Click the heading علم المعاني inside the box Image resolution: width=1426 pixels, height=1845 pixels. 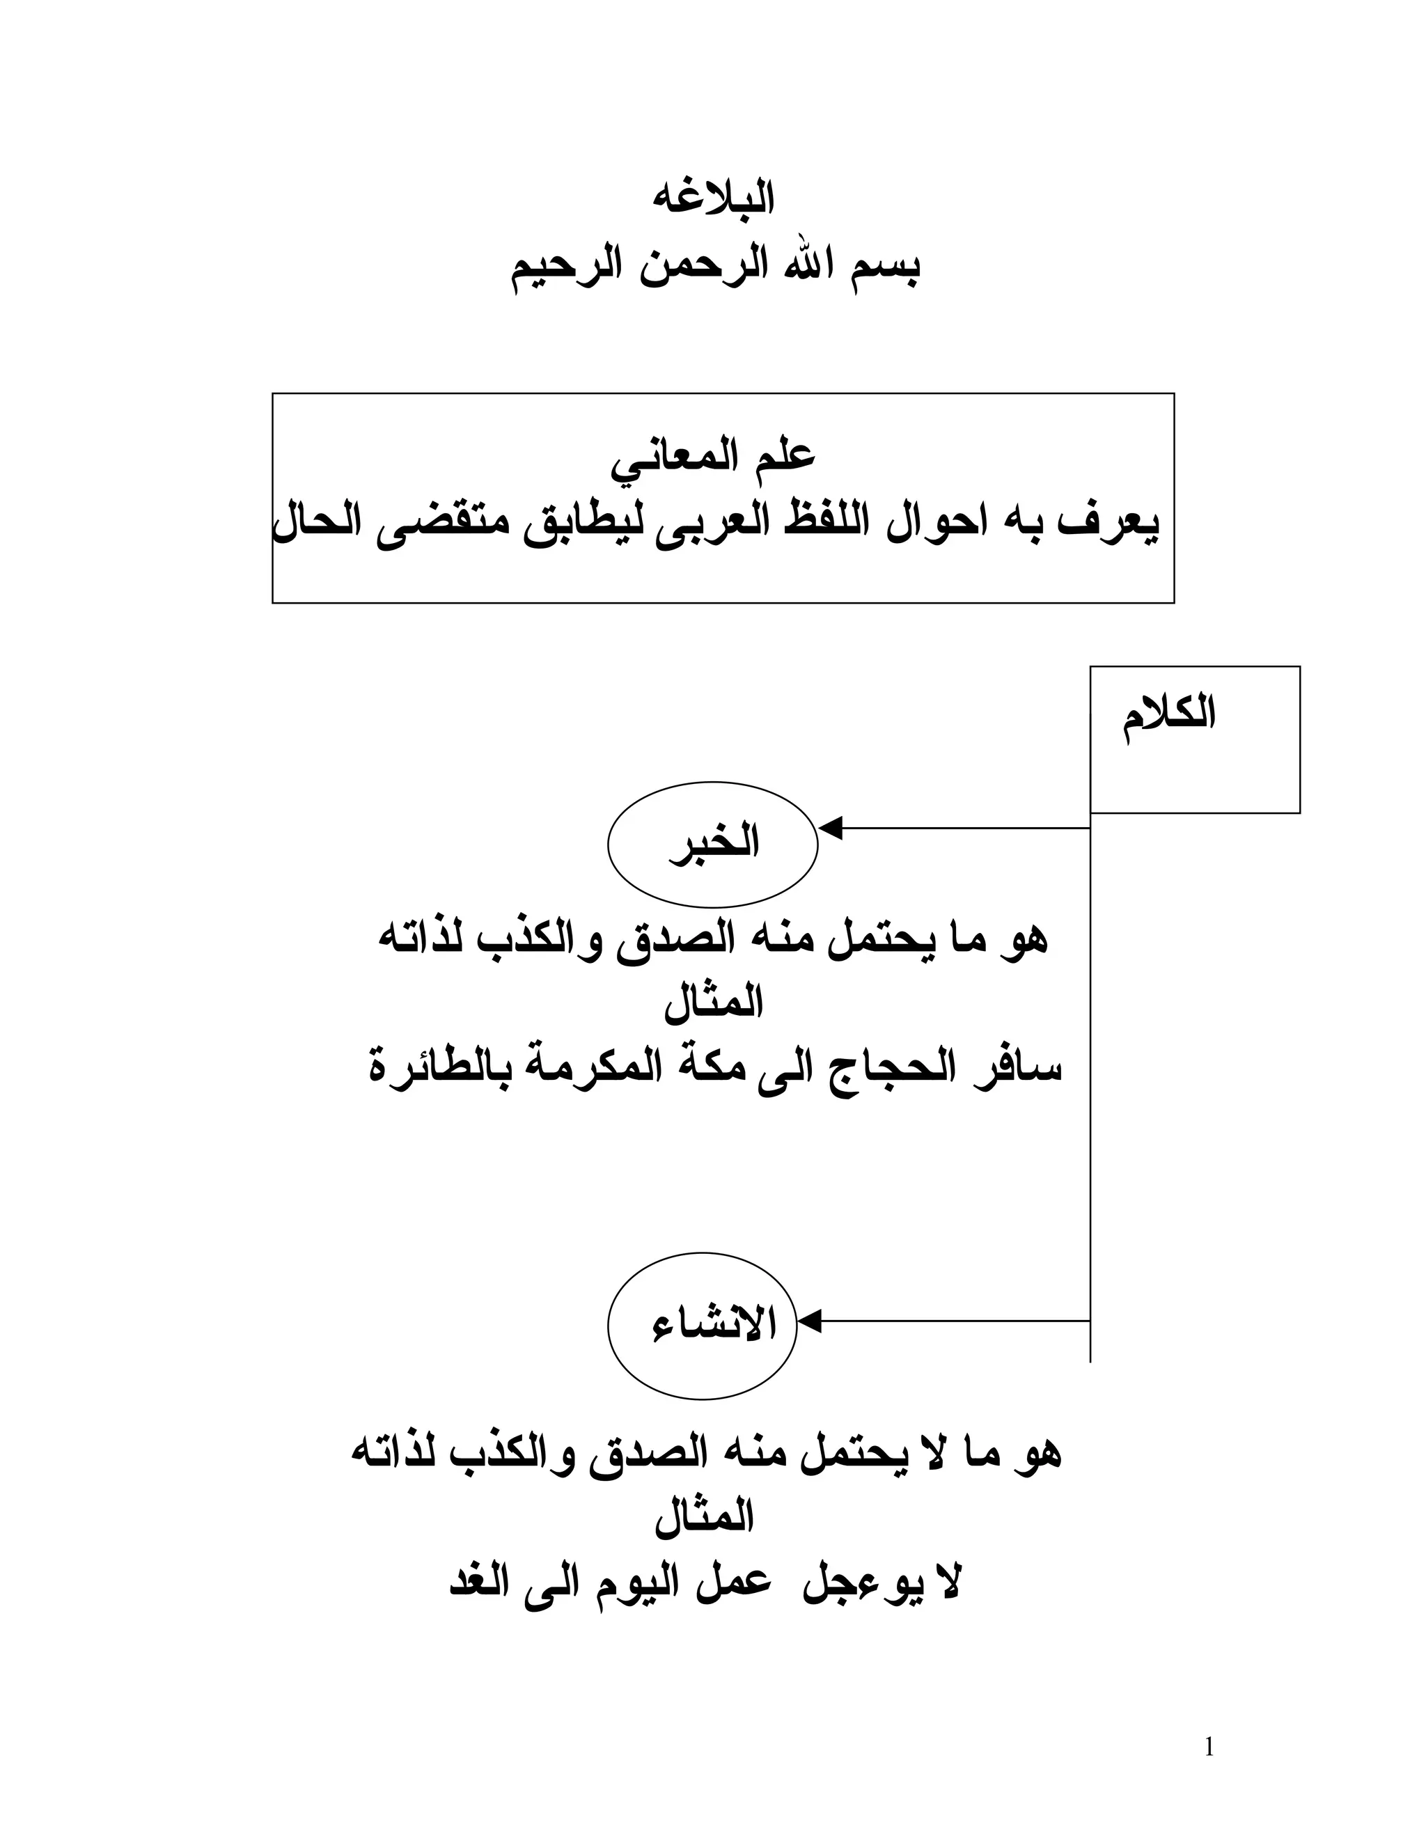(x=713, y=457)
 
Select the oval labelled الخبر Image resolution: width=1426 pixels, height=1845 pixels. (x=712, y=844)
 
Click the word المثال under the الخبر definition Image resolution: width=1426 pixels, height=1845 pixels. (x=713, y=1003)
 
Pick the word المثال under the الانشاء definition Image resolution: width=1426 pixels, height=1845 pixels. (x=704, y=1517)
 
